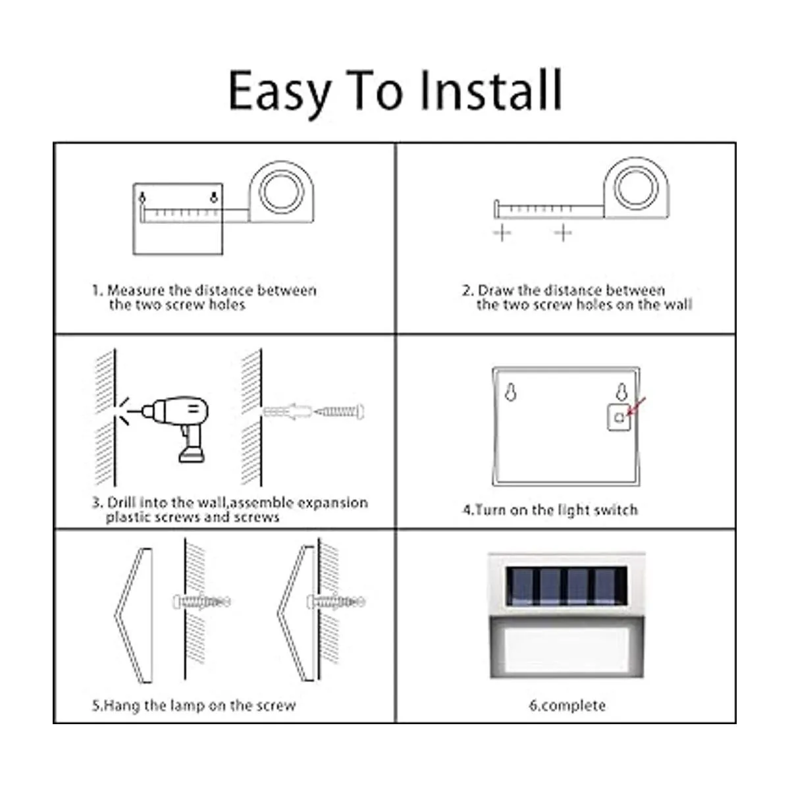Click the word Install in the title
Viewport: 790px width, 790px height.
tap(492, 90)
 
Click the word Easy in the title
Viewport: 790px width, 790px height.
tap(280, 95)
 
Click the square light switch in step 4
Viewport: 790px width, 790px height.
tap(619, 417)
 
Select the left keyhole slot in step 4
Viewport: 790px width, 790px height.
tap(510, 392)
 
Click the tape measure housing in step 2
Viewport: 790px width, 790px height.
tap(636, 188)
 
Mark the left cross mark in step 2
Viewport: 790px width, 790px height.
tap(502, 233)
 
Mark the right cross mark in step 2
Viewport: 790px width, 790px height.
tap(564, 233)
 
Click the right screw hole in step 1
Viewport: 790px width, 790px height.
tap(213, 197)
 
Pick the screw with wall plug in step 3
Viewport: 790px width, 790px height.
tap(313, 411)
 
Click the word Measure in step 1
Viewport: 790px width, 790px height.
tap(136, 290)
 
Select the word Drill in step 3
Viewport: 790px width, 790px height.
tap(121, 502)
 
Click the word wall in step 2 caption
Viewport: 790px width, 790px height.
tap(679, 304)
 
